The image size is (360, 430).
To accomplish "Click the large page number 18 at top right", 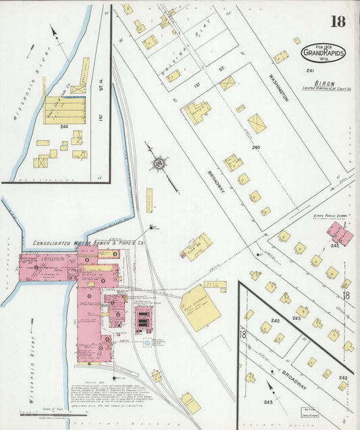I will coord(337,21).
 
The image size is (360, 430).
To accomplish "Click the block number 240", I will coord(255,146).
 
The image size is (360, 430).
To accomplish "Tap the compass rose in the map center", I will coord(159,163).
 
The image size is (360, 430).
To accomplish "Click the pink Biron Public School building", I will coord(339,233).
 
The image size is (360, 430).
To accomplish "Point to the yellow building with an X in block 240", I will coord(257,123).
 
